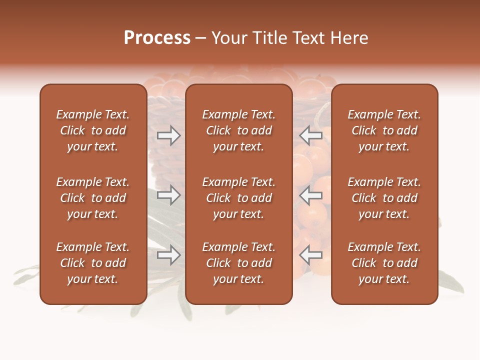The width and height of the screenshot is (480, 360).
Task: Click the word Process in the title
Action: (x=157, y=38)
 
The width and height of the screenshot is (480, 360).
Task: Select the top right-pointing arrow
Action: (x=168, y=135)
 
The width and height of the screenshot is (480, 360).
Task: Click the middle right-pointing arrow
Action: (x=168, y=195)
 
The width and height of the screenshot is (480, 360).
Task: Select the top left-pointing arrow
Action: (x=311, y=135)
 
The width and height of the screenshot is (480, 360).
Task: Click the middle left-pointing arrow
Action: (x=311, y=195)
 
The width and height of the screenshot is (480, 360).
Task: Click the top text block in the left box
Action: (x=93, y=130)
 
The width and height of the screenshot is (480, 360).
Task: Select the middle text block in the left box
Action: (x=93, y=198)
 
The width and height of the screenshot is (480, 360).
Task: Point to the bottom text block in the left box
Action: (x=93, y=263)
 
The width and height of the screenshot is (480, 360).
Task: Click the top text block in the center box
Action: (x=239, y=130)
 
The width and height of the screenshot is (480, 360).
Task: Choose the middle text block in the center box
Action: (x=239, y=198)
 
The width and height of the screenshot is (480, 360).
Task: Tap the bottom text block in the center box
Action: (x=239, y=263)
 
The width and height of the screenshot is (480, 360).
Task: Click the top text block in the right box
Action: (x=384, y=130)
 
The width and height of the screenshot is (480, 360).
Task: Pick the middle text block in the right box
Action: (x=384, y=198)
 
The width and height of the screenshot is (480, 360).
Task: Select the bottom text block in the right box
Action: (x=384, y=263)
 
